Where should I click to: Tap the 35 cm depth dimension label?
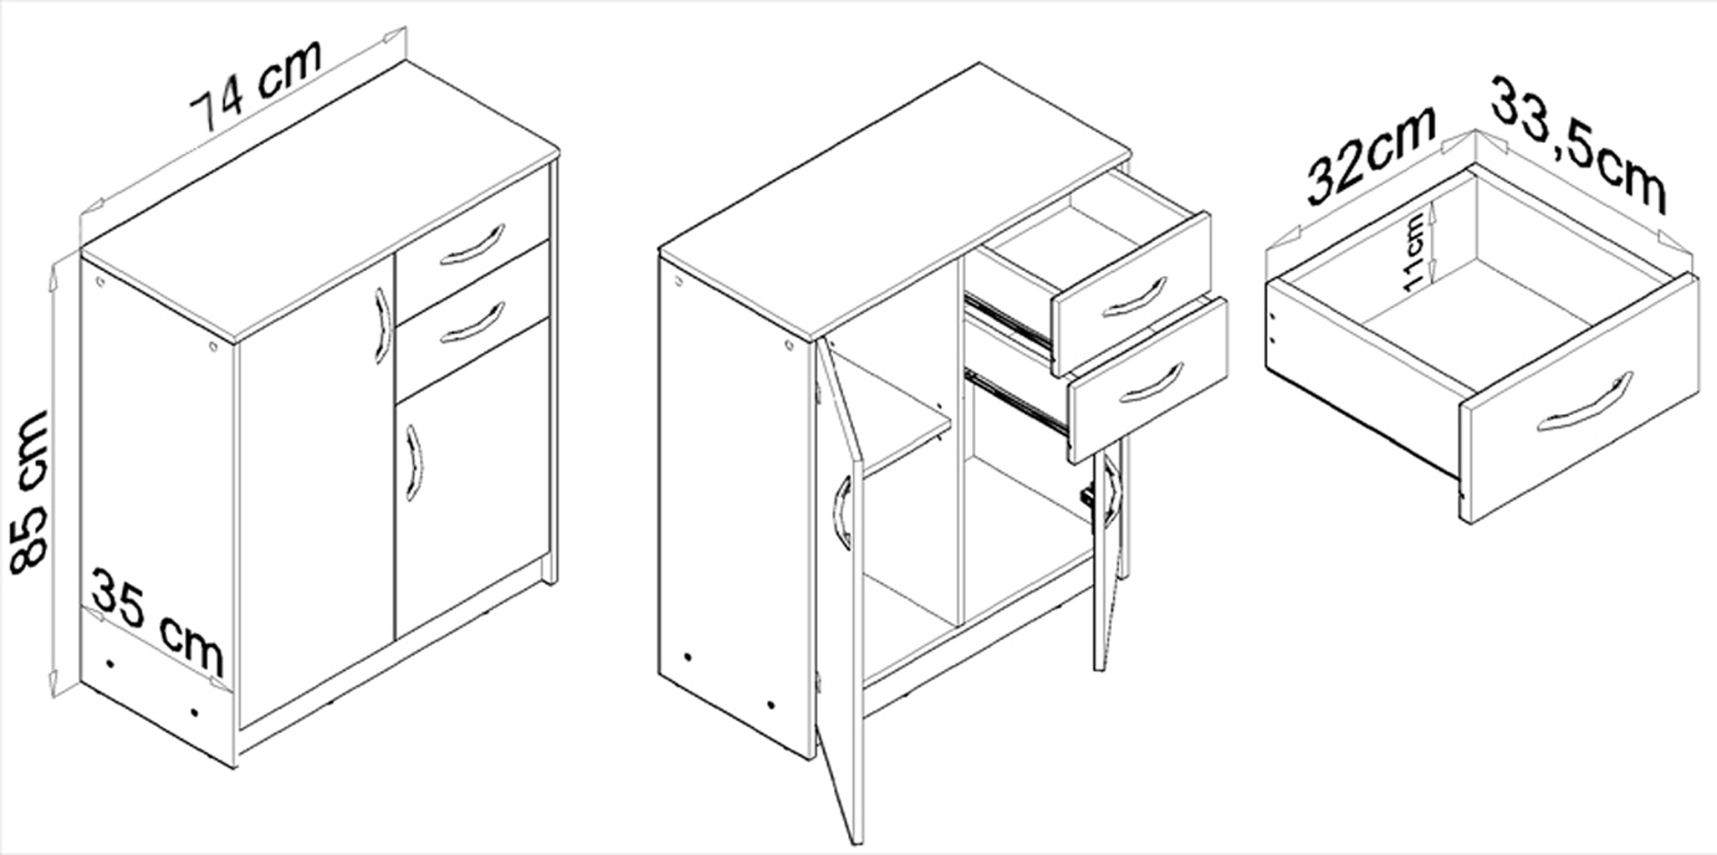pyautogui.click(x=158, y=623)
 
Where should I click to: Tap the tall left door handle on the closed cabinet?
pyautogui.click(x=383, y=326)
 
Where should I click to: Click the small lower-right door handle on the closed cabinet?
pyautogui.click(x=412, y=462)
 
